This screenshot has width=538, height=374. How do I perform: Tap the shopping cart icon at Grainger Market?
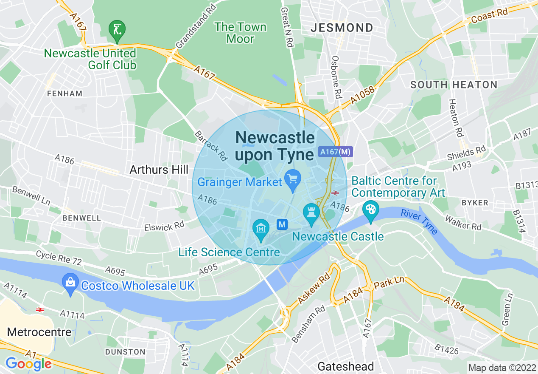click(292, 179)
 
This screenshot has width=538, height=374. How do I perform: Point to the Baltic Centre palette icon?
click(371, 210)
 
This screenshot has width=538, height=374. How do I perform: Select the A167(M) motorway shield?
click(335, 152)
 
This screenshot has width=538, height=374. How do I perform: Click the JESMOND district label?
click(342, 28)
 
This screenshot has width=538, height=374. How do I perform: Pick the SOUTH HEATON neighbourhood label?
click(454, 85)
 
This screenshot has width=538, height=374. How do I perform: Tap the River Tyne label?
click(419, 221)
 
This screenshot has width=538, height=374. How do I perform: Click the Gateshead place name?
click(346, 366)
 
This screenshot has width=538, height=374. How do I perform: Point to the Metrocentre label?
click(39, 332)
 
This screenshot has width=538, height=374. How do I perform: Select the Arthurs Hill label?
click(159, 170)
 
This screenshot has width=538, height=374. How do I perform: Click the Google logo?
click(28, 364)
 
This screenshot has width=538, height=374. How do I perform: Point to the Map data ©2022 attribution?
click(502, 368)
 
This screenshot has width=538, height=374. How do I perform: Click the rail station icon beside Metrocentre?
click(40, 310)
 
